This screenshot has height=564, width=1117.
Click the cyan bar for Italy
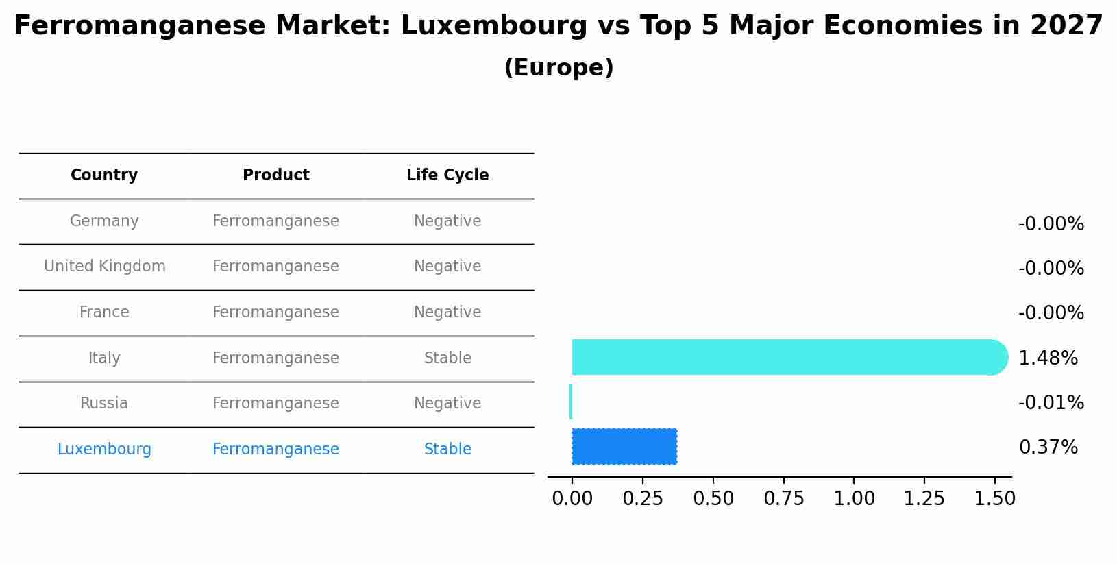click(x=788, y=357)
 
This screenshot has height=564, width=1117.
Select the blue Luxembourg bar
click(x=624, y=446)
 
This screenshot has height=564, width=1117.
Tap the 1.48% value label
click(x=1048, y=358)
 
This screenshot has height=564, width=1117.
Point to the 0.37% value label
click(x=1048, y=447)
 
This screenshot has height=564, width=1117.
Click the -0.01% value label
click(x=1051, y=403)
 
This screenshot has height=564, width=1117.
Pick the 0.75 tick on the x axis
click(x=784, y=498)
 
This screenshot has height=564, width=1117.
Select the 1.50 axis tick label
click(x=994, y=498)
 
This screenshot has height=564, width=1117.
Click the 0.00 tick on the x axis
click(x=572, y=498)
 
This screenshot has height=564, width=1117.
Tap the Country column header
click(x=104, y=175)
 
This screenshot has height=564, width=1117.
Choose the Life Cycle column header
click(x=447, y=175)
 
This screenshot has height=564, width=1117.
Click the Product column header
click(x=275, y=175)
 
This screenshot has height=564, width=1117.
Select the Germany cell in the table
click(x=104, y=221)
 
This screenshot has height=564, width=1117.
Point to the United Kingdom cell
click(x=104, y=267)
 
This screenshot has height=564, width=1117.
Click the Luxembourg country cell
click(x=104, y=450)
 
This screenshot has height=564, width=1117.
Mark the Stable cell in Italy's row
click(x=447, y=358)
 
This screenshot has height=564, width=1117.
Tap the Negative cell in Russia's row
click(x=447, y=404)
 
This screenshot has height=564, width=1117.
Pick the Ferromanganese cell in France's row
click(x=275, y=312)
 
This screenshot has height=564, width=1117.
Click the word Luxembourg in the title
click(x=494, y=26)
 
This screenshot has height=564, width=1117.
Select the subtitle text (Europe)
click(x=558, y=68)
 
